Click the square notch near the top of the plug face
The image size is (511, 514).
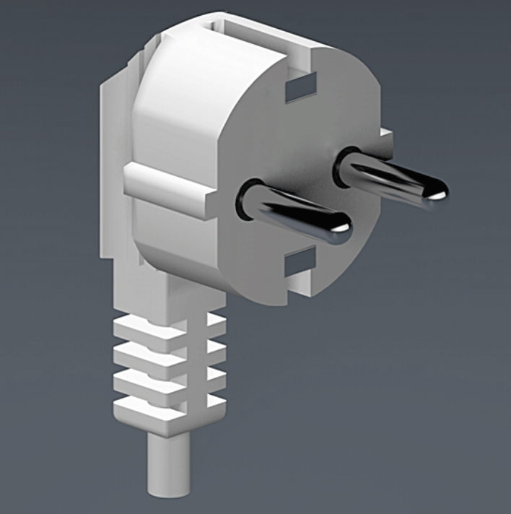[301, 89]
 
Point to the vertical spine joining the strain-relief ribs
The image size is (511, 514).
[189, 368]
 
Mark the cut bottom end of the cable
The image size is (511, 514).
[168, 492]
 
